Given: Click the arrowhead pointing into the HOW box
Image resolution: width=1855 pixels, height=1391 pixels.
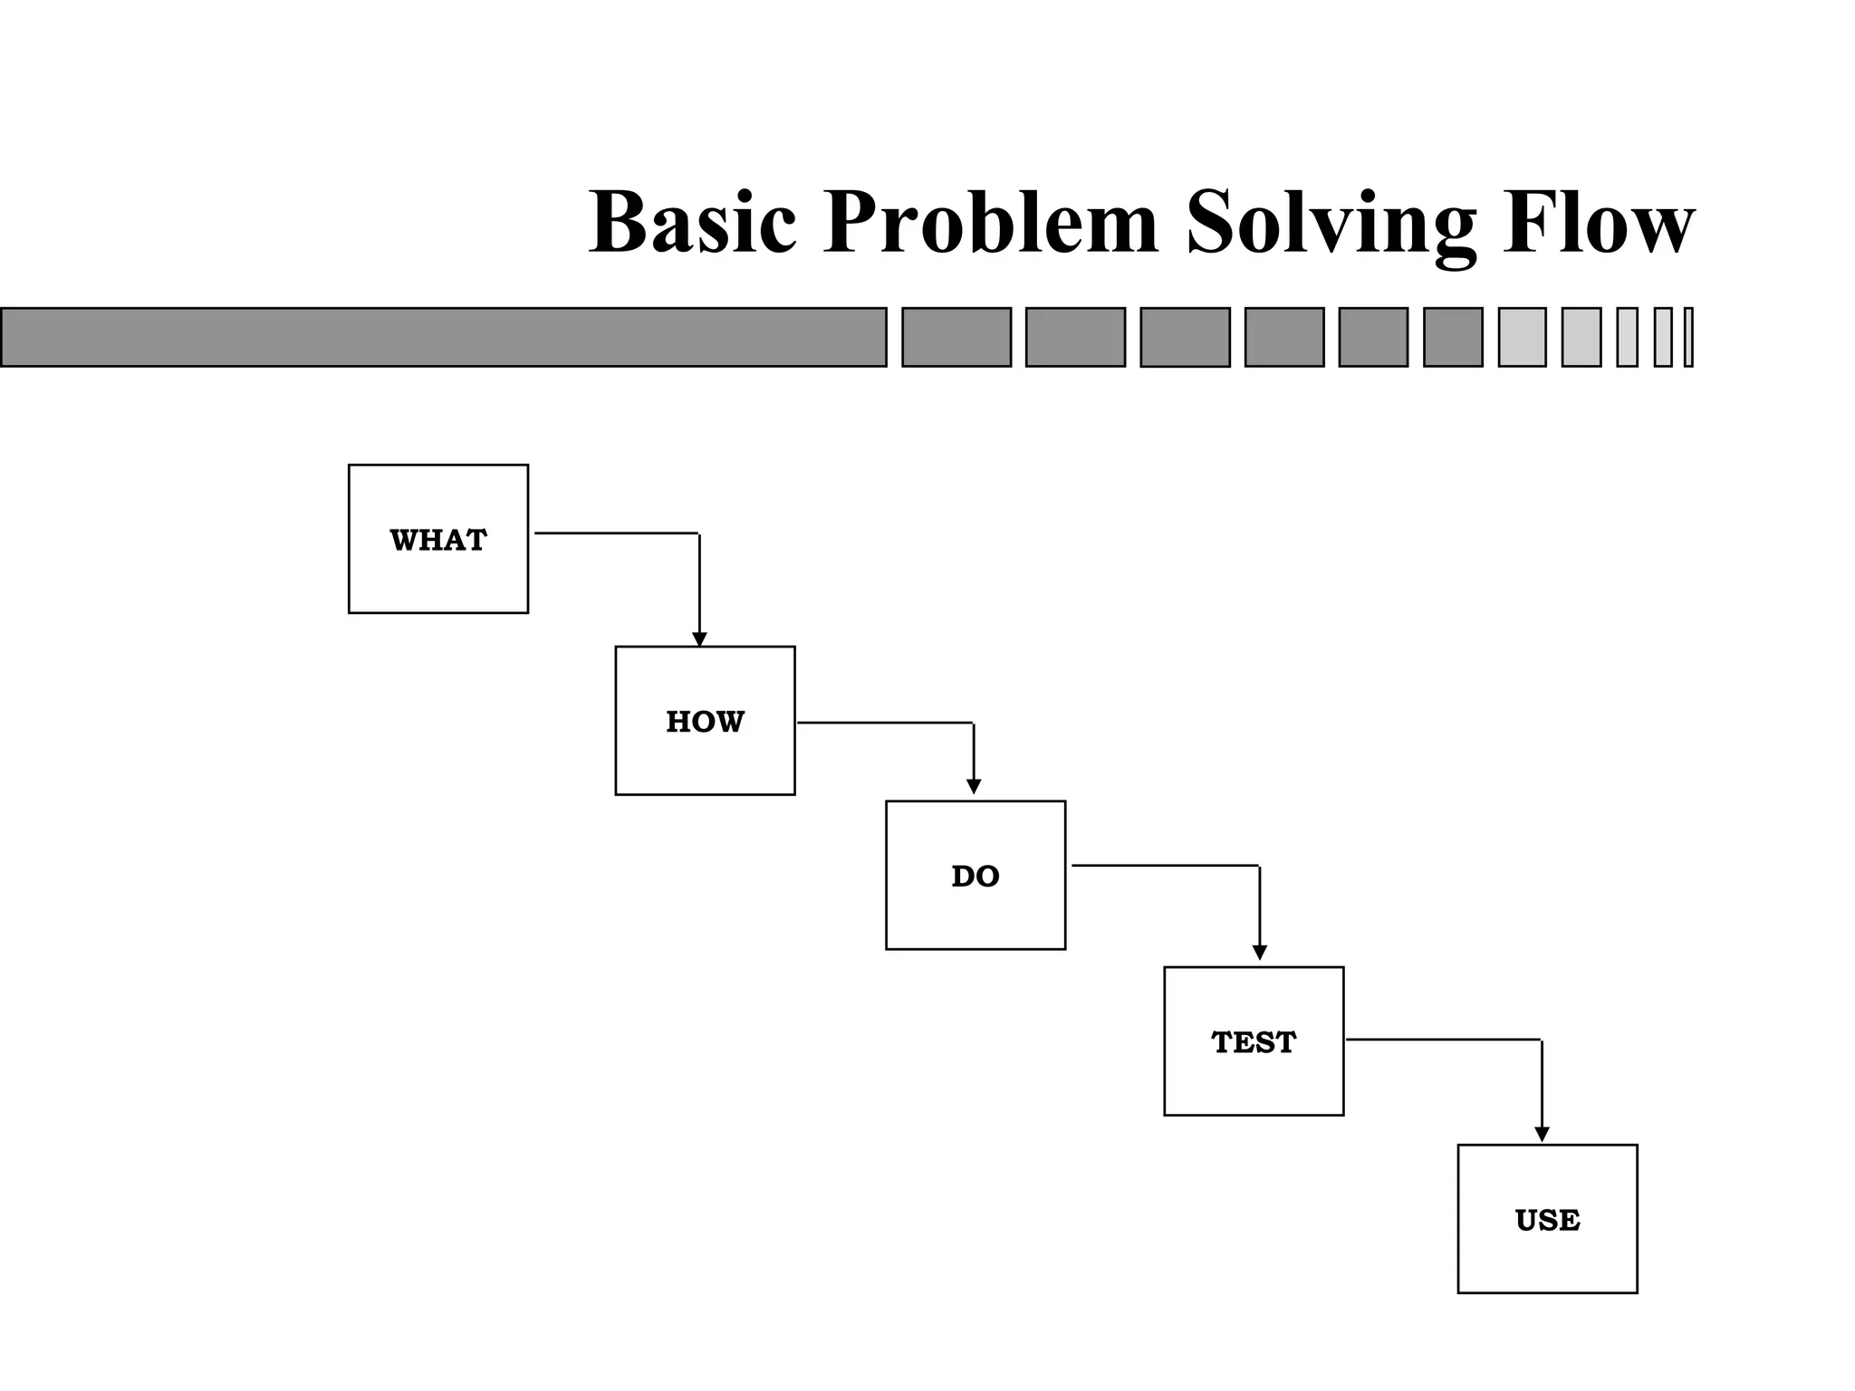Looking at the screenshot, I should [x=699, y=639].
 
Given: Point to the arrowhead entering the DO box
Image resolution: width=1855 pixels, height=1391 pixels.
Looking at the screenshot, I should [x=974, y=787].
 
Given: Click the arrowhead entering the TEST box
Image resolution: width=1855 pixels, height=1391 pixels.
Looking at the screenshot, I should [x=1259, y=953].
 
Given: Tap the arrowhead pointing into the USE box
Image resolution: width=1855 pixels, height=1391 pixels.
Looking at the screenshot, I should [x=1542, y=1134].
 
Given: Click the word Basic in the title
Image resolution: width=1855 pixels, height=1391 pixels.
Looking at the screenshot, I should [x=693, y=223].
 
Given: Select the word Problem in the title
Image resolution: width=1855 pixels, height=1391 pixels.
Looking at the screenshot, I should [x=991, y=223].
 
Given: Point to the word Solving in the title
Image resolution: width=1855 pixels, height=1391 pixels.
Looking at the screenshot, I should [x=1331, y=223].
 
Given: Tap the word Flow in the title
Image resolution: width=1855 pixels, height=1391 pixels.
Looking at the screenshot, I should [x=1599, y=223].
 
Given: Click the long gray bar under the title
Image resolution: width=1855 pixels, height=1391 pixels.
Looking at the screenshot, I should [x=443, y=337].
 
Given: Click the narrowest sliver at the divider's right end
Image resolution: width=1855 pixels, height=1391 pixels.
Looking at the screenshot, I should [x=1688, y=337].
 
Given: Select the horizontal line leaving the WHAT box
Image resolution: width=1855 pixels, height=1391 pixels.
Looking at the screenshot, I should [x=616, y=533].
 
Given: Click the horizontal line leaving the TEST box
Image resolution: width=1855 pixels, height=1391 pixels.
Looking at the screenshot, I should [x=1443, y=1040].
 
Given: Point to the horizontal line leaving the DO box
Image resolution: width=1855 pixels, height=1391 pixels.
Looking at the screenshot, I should [x=1165, y=866].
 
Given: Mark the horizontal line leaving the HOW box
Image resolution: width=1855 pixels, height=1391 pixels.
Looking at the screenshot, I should [x=885, y=723].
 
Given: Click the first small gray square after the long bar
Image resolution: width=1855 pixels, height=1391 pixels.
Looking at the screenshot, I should [x=956, y=337].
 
